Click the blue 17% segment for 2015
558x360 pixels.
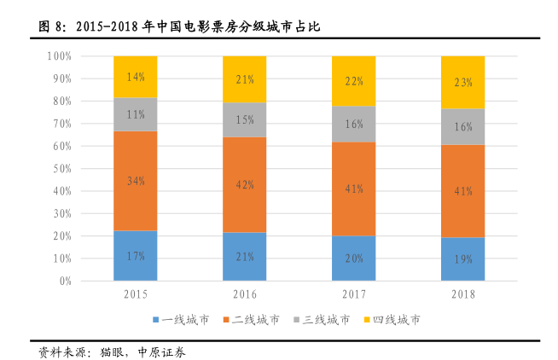(136, 255)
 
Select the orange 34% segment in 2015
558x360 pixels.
(136, 181)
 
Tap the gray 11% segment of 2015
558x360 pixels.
(136, 114)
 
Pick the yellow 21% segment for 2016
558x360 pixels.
(245, 79)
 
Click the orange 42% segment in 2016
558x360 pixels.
(245, 184)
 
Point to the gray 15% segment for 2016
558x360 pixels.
(245, 119)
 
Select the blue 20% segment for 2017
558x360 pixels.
(354, 258)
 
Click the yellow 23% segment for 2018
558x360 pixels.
(463, 82)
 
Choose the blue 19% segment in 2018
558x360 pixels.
(463, 258)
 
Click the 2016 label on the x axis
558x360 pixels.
(245, 294)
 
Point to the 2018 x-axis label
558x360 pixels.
(463, 294)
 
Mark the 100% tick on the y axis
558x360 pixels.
(59, 56)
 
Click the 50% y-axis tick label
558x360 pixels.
(61, 169)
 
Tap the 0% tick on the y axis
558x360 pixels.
(65, 281)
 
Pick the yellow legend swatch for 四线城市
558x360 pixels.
(367, 319)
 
